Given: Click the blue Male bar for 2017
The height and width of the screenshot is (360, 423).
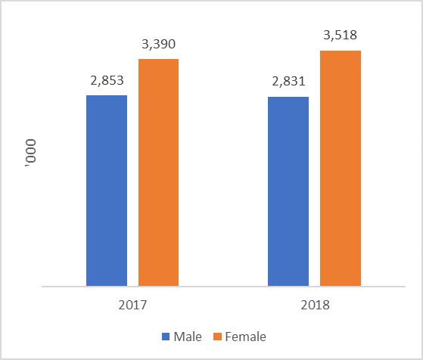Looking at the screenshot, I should pyautogui.click(x=107, y=191).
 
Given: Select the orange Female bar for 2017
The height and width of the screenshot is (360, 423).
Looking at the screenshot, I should pyautogui.click(x=158, y=172).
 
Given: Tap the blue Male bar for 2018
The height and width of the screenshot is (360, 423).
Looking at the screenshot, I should pyautogui.click(x=288, y=192).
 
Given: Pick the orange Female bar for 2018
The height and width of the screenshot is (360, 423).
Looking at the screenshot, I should pyautogui.click(x=340, y=169).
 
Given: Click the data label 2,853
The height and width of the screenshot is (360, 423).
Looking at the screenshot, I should pyautogui.click(x=107, y=81).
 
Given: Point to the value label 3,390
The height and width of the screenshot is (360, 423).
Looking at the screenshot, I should pyautogui.click(x=158, y=44).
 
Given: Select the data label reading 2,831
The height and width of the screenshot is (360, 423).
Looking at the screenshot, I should pyautogui.click(x=288, y=82).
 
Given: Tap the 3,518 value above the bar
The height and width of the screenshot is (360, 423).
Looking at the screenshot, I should pyautogui.click(x=340, y=36).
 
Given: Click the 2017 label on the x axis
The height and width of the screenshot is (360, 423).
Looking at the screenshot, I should pyautogui.click(x=132, y=306).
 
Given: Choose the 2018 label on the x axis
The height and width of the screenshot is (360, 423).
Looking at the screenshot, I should pyautogui.click(x=314, y=306).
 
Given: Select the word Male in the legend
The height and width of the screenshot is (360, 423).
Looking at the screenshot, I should pyautogui.click(x=188, y=337).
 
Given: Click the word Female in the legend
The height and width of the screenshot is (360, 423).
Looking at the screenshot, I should pyautogui.click(x=245, y=337).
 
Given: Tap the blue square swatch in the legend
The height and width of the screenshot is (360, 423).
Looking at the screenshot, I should pyautogui.click(x=166, y=337).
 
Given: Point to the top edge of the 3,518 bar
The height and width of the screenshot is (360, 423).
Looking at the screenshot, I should pyautogui.click(x=340, y=51).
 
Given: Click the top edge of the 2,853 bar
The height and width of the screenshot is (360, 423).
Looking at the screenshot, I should pyautogui.click(x=107, y=96).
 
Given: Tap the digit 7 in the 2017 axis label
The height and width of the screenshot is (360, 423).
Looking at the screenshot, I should pyautogui.click(x=144, y=306).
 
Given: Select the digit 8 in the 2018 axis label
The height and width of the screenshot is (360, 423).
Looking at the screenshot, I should pyautogui.click(x=325, y=306).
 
